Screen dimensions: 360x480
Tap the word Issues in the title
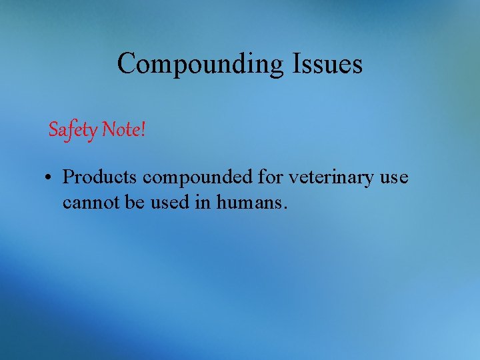pos(327,64)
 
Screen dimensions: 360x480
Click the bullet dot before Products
pos(50,179)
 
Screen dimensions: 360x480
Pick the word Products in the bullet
pos(100,178)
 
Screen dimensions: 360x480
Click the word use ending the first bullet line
pos(395,178)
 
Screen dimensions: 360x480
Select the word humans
pos(251,201)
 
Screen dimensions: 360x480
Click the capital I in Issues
pos(295,64)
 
